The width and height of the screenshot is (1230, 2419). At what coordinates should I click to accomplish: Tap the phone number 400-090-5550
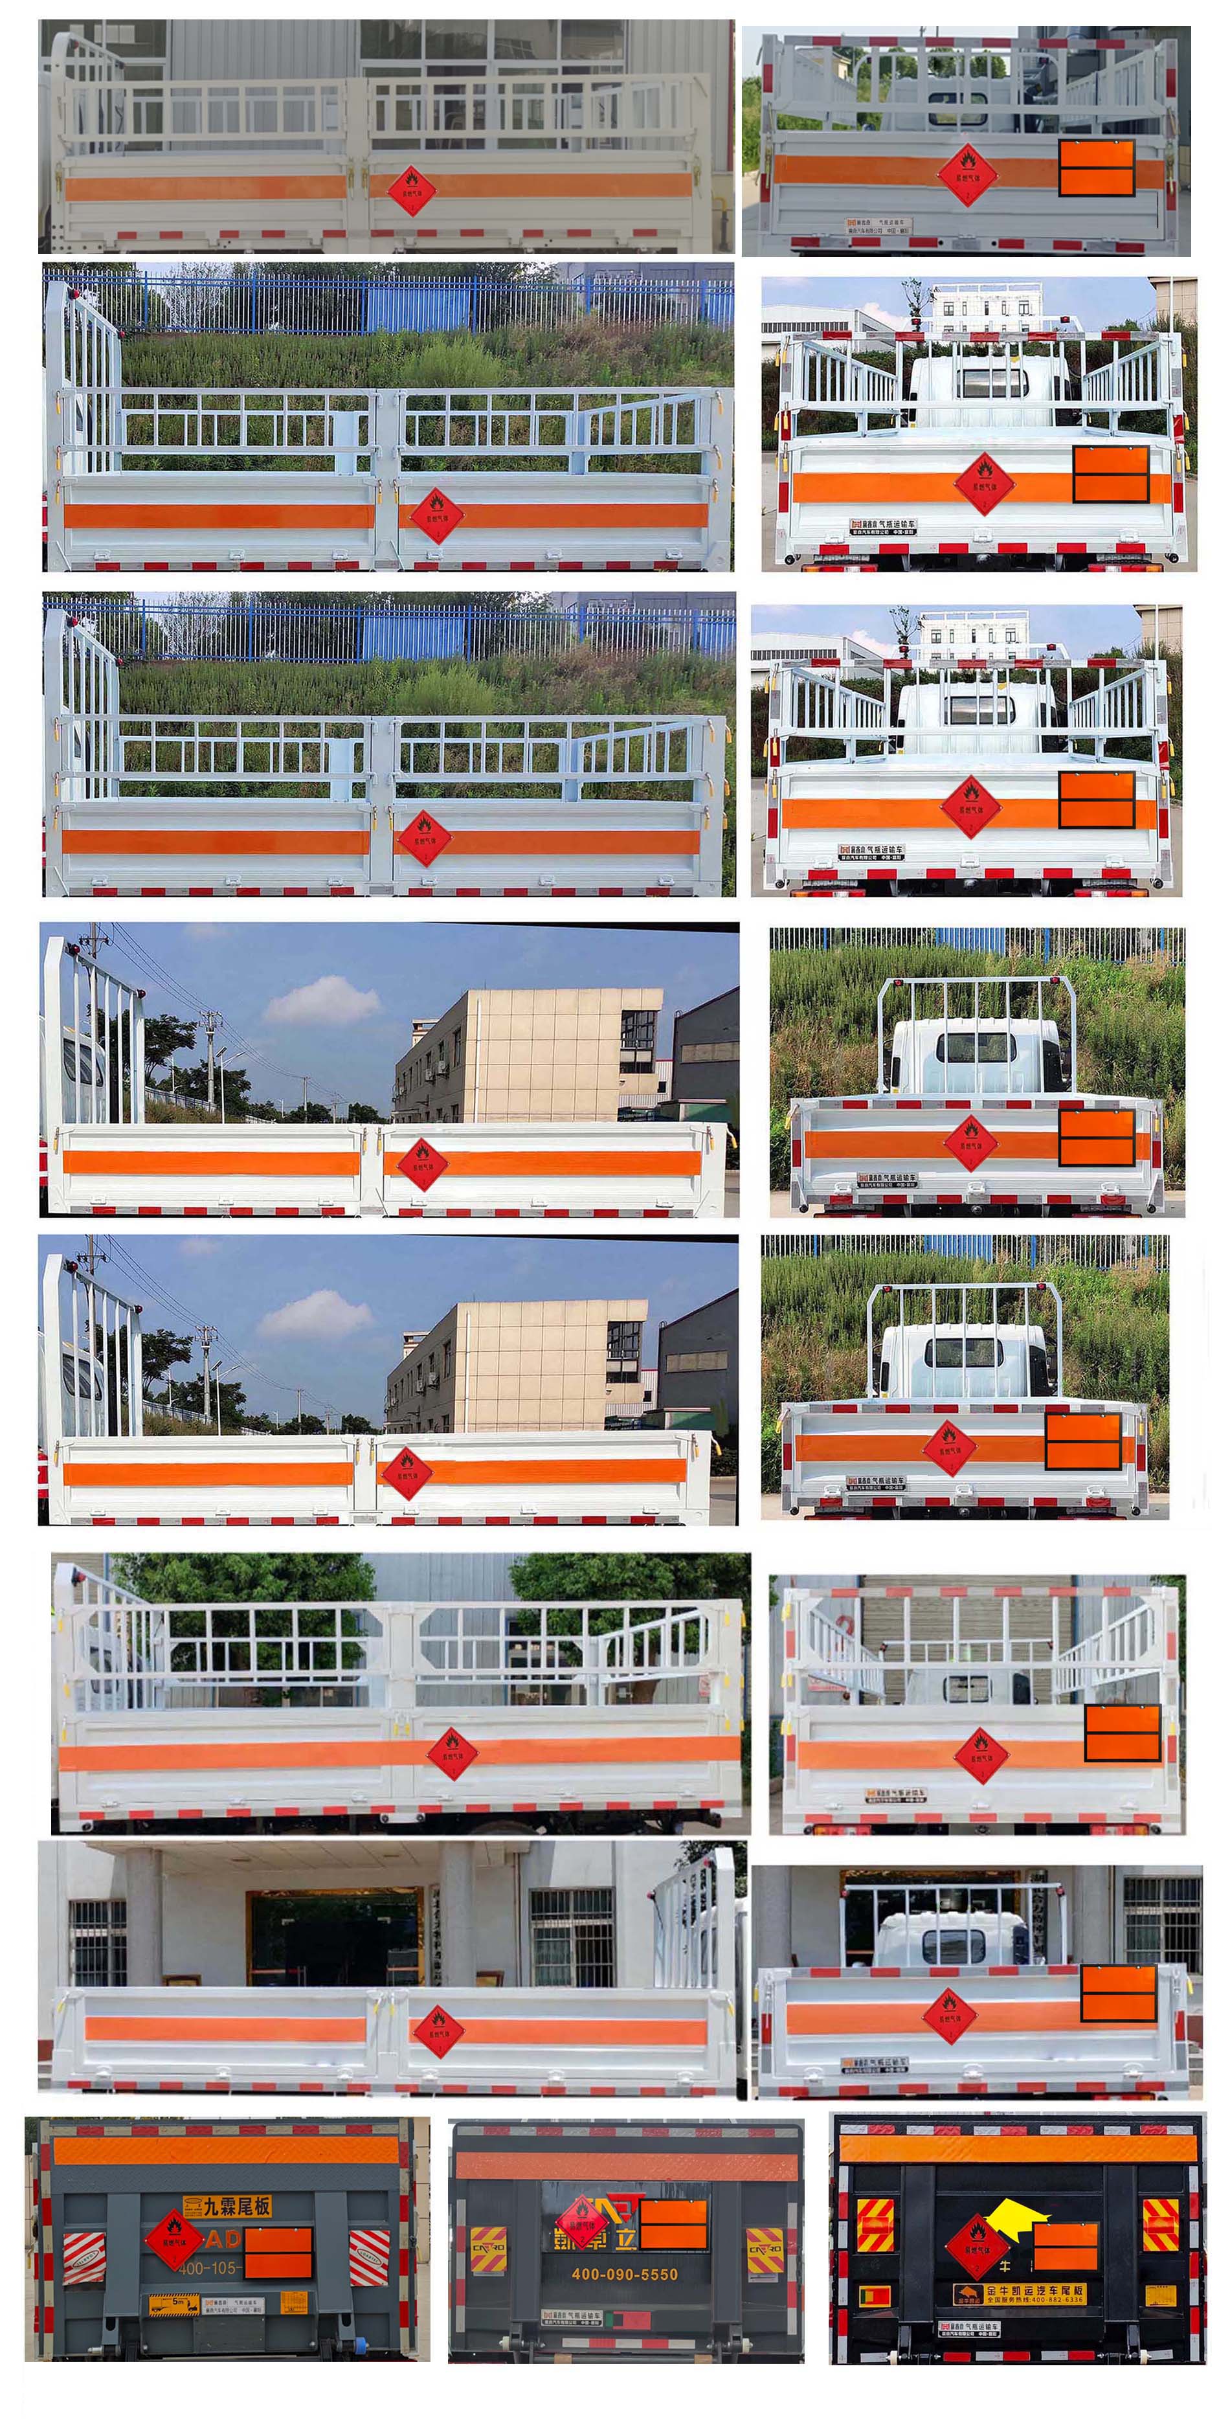pyautogui.click(x=625, y=2273)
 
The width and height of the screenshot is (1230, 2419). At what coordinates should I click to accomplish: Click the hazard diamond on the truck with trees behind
pyautogui.click(x=453, y=1752)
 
